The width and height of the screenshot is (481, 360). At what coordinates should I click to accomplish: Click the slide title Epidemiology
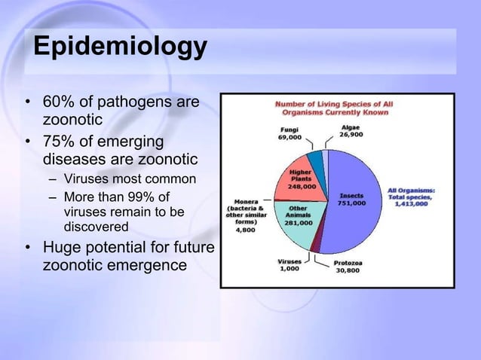click(119, 47)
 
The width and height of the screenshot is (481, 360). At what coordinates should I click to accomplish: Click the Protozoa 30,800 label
click(350, 267)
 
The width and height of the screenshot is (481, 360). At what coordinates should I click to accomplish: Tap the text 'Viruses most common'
click(130, 179)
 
